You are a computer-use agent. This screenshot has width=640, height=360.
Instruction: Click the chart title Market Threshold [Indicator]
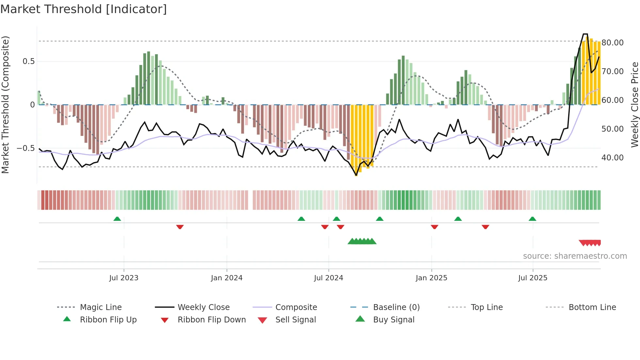coord(84,9)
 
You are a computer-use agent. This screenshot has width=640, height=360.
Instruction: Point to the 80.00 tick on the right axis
coord(612,43)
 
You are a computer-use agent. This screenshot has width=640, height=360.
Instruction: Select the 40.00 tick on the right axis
coord(612,158)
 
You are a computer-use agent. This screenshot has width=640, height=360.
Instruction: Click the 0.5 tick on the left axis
coord(28,61)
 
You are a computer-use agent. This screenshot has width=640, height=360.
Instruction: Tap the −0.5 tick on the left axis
coord(26,148)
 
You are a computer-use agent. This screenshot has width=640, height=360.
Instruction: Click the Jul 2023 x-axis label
coord(124,278)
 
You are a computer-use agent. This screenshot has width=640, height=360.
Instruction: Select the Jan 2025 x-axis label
coord(431,278)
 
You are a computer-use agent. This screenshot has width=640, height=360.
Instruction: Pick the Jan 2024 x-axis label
coord(227,278)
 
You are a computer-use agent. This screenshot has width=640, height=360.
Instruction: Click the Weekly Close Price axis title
coord(634,105)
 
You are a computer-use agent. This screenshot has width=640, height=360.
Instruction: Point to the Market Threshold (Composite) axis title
coord(5,105)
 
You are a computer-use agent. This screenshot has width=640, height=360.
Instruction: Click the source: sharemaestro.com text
coord(575,256)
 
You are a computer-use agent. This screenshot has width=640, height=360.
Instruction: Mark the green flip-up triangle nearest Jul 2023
coord(117,219)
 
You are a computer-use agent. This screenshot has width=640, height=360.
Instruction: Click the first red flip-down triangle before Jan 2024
coord(180,227)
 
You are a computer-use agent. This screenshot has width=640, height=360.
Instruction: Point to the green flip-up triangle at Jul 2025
coord(532,219)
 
